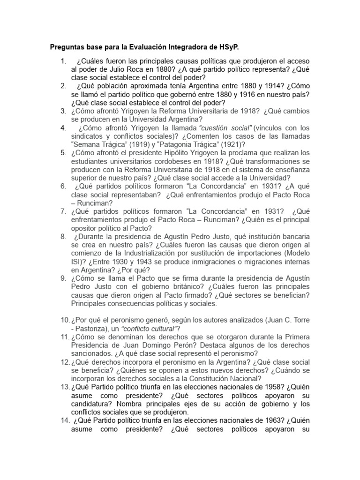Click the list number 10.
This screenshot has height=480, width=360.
(64, 320)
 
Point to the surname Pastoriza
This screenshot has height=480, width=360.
(96, 328)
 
